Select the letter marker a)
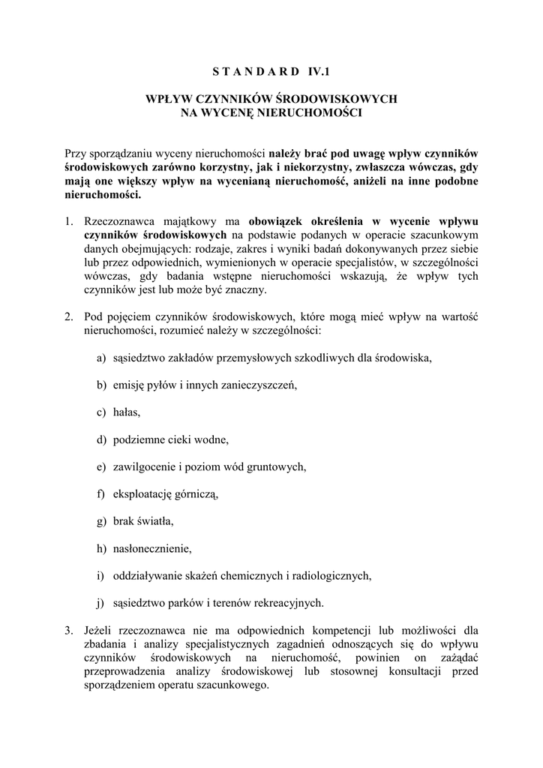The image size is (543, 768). pyautogui.click(x=101, y=358)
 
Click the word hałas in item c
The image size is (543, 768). pyautogui.click(x=126, y=412)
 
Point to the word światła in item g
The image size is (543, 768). pyautogui.click(x=155, y=520)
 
